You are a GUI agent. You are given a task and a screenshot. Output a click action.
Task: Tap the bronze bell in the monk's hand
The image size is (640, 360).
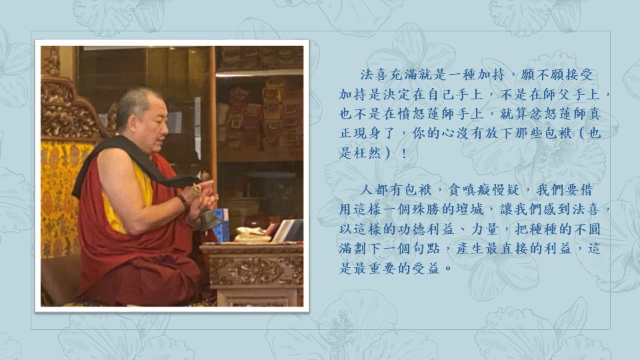point(209,219)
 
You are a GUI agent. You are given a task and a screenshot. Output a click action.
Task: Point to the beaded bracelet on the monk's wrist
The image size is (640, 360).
point(183,201)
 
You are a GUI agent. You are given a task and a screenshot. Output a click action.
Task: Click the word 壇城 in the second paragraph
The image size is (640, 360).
point(469,210)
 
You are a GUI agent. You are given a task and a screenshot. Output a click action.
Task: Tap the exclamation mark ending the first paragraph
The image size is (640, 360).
point(404,153)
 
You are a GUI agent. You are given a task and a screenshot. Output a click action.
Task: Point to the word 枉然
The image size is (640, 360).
point(367,153)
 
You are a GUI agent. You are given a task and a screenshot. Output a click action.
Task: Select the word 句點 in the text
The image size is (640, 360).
point(426,249)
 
